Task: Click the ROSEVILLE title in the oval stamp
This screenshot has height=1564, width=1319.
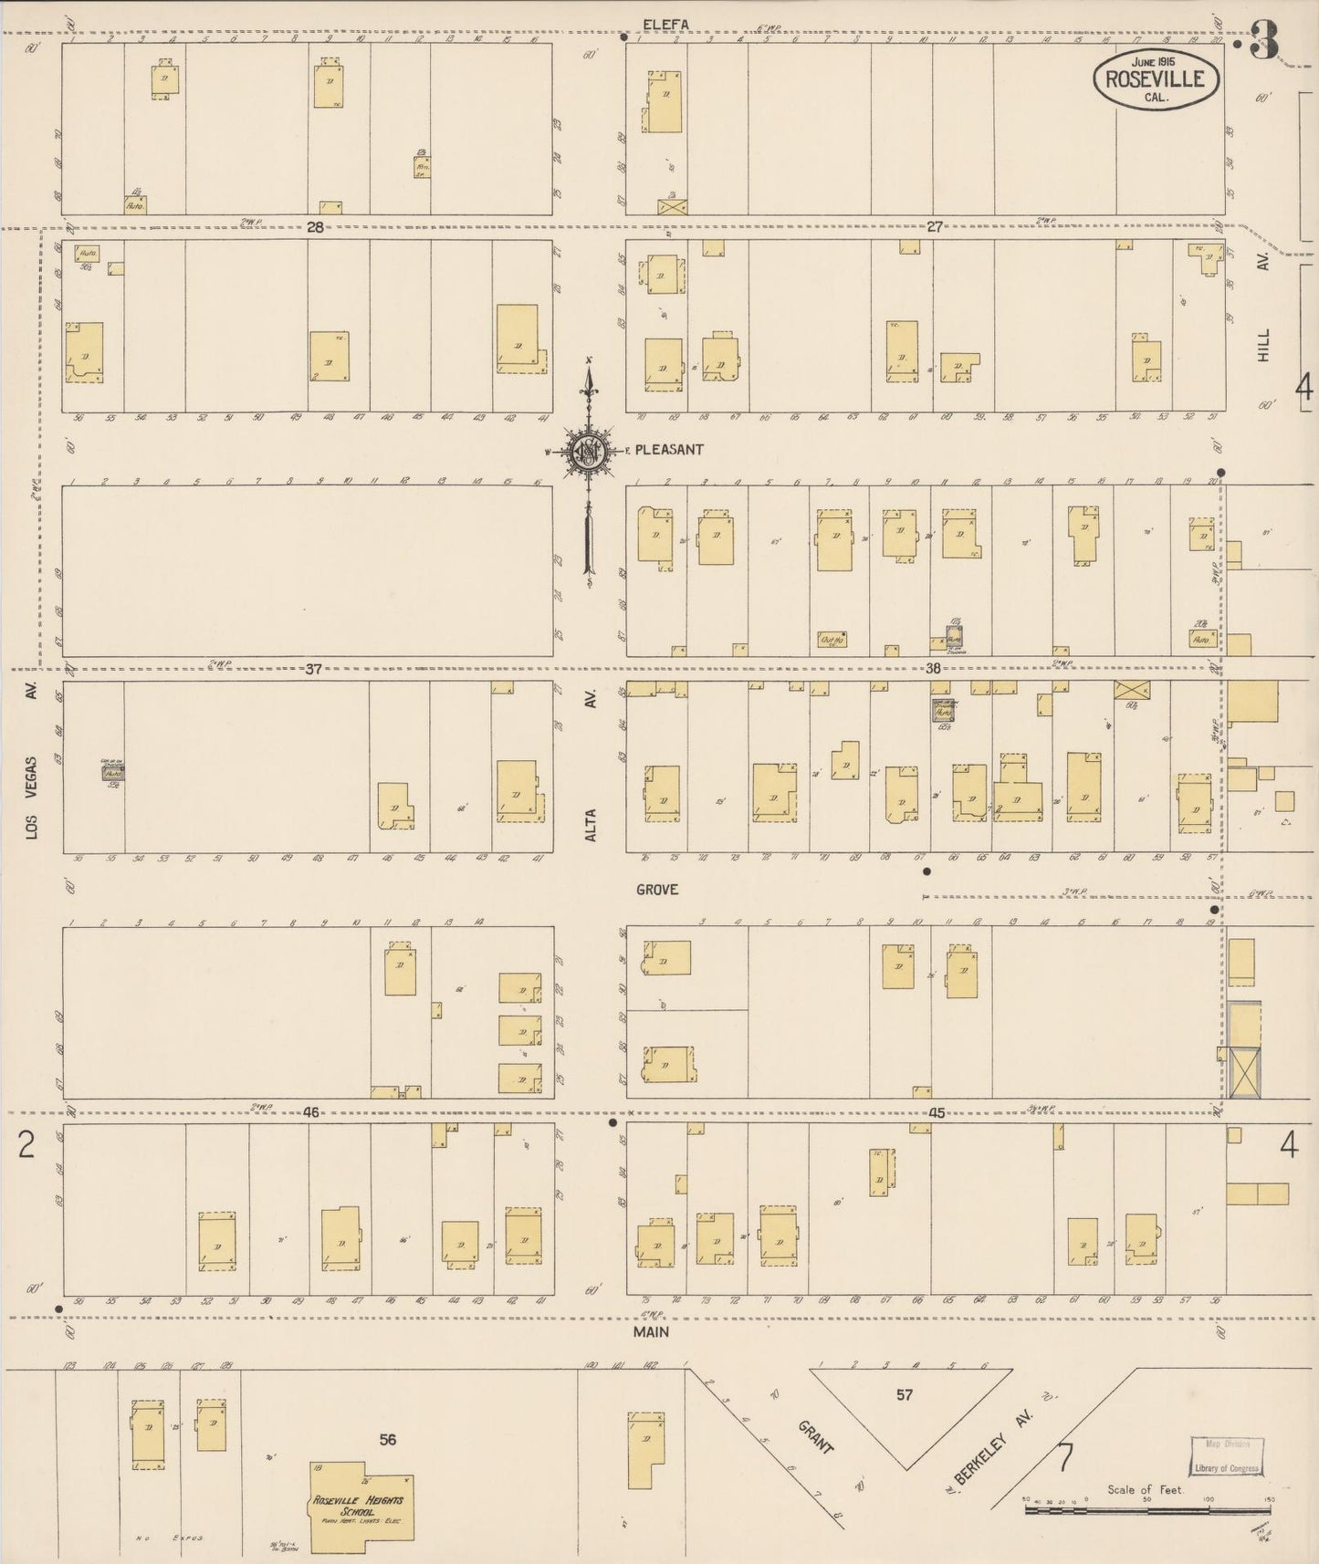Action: pos(1155,78)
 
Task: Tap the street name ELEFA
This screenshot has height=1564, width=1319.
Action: pos(665,24)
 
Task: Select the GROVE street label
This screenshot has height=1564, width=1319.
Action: pos(657,890)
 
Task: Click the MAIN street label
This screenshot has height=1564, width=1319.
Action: pos(652,1331)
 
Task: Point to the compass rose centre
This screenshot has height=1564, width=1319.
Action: pos(589,451)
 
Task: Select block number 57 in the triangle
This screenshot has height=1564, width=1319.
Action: pos(904,1395)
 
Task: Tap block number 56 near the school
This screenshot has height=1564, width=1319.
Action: pos(389,1440)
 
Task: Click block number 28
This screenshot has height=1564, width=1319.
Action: pos(315,227)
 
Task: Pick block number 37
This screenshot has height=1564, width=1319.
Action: pos(313,669)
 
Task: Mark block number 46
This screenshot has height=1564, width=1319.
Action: pos(312,1112)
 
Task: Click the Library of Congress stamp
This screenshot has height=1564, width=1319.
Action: pos(1228,1456)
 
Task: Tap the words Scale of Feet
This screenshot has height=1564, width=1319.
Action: pos(1145,1489)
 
